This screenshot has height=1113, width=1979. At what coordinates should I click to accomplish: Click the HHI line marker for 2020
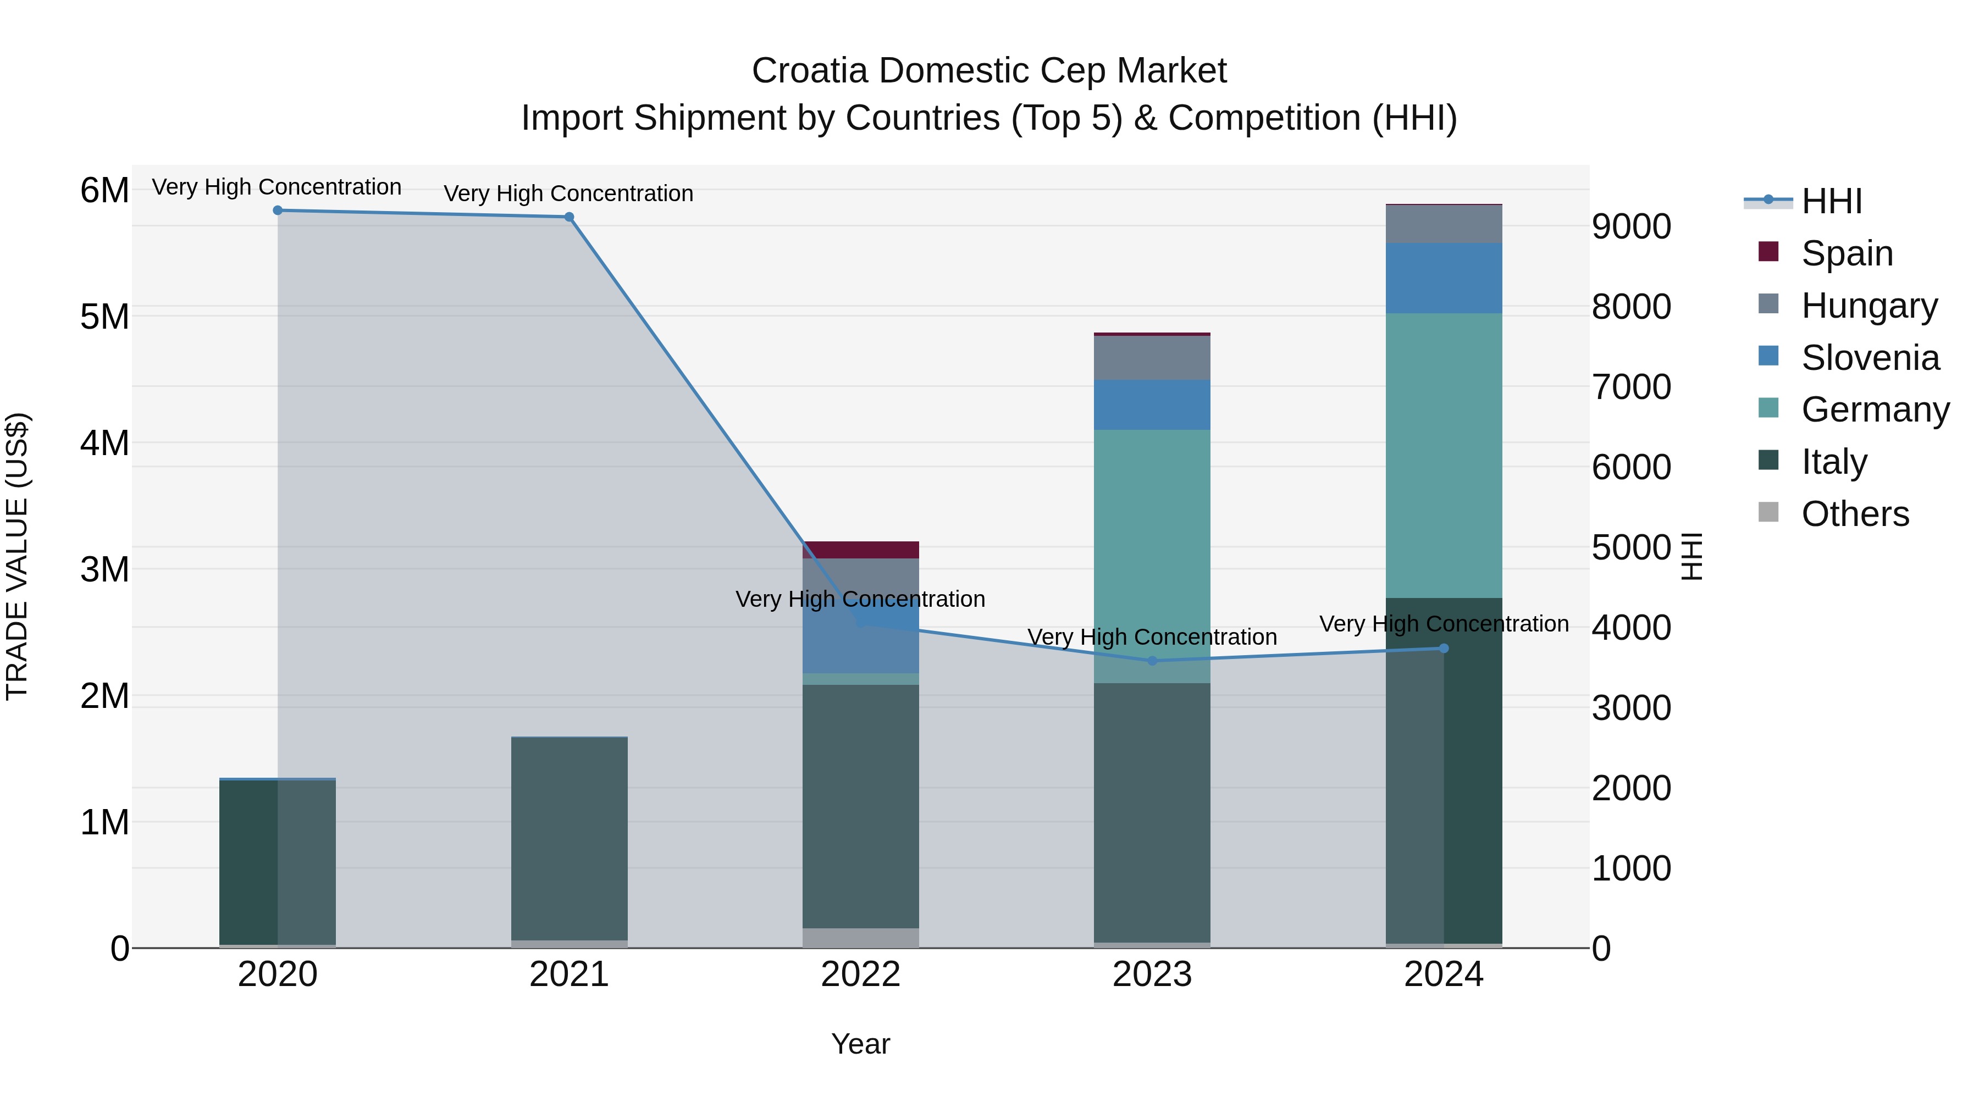278,211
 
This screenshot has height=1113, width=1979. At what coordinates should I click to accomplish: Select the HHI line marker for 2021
570,217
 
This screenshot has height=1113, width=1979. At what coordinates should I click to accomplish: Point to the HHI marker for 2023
1152,661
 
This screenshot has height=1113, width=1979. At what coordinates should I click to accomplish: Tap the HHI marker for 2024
1444,649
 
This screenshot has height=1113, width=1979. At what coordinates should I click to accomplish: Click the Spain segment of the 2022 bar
860,550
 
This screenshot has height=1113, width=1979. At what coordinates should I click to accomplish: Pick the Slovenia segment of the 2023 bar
1152,404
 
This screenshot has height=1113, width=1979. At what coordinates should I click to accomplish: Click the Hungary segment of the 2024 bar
1444,224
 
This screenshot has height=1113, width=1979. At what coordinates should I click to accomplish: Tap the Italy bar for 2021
570,837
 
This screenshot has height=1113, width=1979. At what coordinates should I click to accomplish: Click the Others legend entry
1855,514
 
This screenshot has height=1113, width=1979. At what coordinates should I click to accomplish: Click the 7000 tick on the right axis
1631,387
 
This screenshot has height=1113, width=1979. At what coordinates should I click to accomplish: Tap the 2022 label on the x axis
860,974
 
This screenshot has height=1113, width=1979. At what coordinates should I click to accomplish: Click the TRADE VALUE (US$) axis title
18,556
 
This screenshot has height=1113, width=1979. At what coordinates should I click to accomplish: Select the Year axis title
860,1044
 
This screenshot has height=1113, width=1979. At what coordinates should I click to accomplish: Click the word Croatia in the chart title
810,71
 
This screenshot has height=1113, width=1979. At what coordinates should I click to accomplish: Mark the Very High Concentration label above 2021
568,193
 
